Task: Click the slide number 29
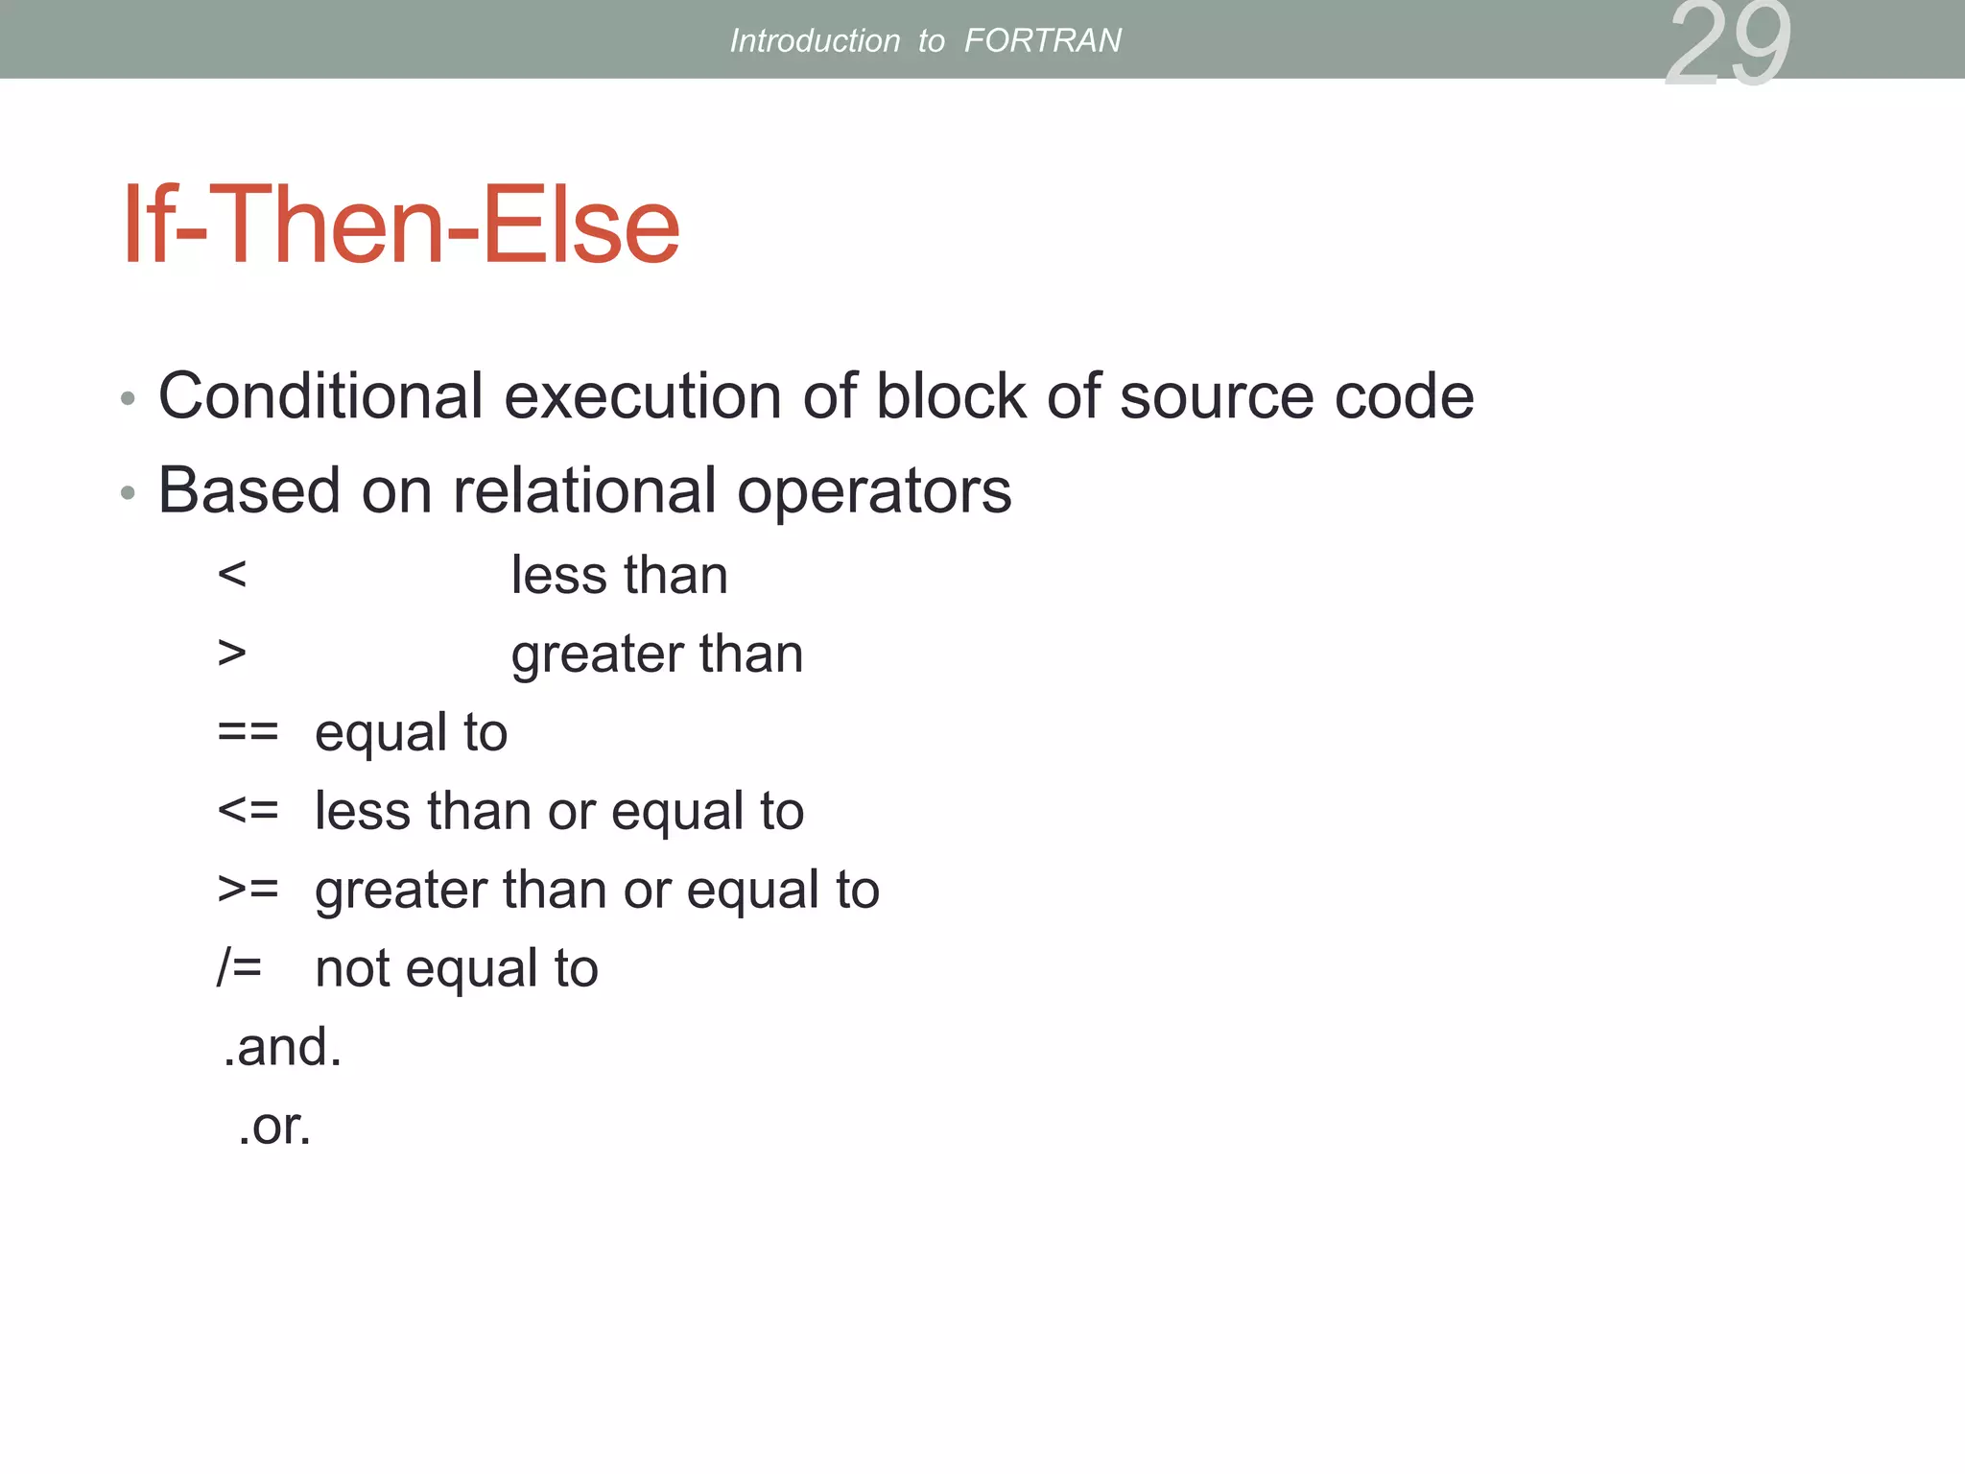coord(1727,43)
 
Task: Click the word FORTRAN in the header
coord(1042,40)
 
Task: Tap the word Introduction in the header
coord(815,40)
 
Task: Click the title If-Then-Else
coord(400,226)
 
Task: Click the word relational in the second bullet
coord(584,490)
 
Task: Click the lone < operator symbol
coord(232,575)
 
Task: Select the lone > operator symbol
coord(232,654)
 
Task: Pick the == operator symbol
coord(248,732)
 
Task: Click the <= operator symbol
coord(248,811)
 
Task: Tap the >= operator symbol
coord(248,890)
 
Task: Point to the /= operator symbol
coord(239,967)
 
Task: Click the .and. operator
coord(282,1046)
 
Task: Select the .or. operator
coord(274,1126)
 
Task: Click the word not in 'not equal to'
coord(352,968)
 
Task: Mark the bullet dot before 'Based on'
coord(128,493)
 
